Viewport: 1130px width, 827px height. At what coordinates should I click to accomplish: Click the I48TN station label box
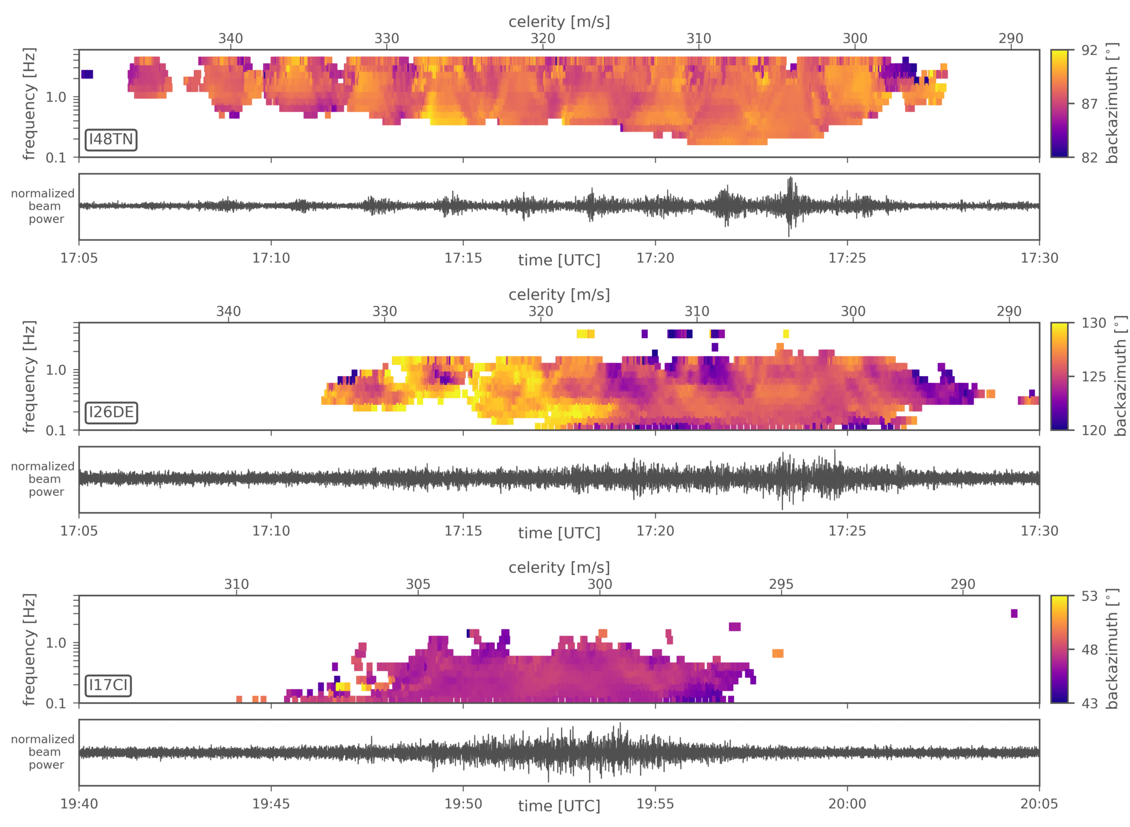coord(111,140)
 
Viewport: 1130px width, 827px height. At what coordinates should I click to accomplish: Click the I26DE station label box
coord(111,412)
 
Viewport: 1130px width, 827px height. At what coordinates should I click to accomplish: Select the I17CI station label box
coord(108,685)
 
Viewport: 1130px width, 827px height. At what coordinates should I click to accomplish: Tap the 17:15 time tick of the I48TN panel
coord(463,258)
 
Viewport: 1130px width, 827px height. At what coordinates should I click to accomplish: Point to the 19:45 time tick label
coord(271,804)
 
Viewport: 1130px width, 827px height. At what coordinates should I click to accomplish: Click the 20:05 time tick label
coord(1039,804)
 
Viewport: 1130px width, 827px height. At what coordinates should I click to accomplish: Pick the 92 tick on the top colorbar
coord(1089,51)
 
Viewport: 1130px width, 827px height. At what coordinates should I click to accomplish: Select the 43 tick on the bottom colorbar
coord(1089,703)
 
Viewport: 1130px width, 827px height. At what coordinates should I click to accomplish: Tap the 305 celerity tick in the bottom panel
coord(418,584)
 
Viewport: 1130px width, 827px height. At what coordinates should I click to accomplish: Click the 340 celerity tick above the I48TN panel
coord(230,39)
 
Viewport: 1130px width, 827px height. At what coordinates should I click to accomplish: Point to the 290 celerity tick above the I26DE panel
coord(1009,312)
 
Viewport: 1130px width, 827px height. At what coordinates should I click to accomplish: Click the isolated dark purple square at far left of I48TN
coord(87,74)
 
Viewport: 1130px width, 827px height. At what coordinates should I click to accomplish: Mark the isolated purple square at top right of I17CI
coord(1014,613)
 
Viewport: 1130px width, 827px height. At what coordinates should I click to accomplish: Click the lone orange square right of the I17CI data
coord(777,654)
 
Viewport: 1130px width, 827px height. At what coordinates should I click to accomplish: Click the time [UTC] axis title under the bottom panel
coord(559,806)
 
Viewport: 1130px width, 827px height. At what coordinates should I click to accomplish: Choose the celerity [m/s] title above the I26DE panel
coord(559,295)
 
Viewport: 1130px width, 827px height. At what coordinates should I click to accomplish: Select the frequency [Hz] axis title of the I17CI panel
coord(29,649)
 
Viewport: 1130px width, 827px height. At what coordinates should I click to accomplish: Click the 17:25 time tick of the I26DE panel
coord(847,531)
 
